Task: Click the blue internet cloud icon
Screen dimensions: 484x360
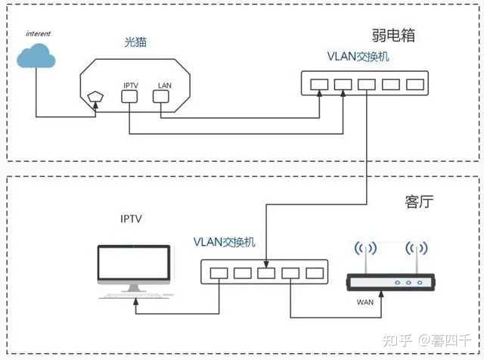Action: [36, 55]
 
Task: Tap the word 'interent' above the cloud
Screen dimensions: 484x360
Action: [38, 33]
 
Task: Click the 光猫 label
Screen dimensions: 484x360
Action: [135, 42]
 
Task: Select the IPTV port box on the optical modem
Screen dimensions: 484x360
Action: [129, 96]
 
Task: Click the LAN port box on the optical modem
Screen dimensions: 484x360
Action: [161, 96]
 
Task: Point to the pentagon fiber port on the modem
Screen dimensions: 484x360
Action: [96, 97]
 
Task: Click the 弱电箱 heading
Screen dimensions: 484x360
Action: [393, 36]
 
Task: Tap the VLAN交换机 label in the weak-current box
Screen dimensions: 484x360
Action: [358, 57]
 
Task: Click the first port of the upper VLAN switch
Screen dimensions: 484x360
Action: [319, 84]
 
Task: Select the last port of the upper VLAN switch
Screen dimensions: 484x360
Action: [415, 84]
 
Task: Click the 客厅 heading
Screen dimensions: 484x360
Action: [419, 202]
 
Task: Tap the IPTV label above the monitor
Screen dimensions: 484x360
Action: [131, 219]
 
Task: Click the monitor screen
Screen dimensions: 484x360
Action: [134, 262]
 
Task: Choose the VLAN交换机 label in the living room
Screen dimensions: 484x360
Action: [225, 242]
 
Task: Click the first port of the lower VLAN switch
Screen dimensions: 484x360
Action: [219, 273]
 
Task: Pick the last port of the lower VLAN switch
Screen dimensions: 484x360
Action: [315, 273]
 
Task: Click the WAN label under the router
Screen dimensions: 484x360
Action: [365, 302]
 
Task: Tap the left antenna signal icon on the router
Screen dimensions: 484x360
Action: [365, 248]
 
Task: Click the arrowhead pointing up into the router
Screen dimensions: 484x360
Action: [381, 294]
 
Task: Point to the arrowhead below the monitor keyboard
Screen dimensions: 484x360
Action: [136, 302]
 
